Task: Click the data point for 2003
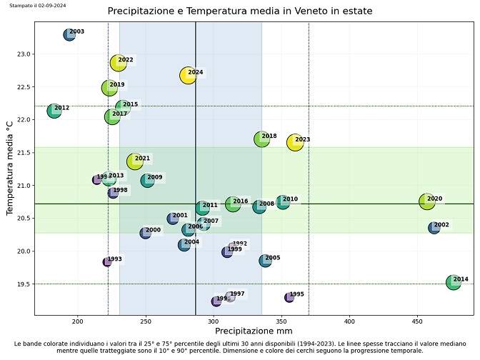[69, 34]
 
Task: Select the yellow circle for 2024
[188, 76]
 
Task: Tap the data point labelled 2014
[453, 282]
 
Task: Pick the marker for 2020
[426, 201]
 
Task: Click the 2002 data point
[434, 228]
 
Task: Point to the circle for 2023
[295, 142]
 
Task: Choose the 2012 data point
[54, 111]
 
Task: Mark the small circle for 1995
[289, 297]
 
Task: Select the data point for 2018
[261, 139]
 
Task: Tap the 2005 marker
[265, 261]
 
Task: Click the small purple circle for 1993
[107, 262]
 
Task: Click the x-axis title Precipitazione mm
[254, 332]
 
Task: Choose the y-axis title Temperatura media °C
[10, 169]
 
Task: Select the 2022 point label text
[126, 60]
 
